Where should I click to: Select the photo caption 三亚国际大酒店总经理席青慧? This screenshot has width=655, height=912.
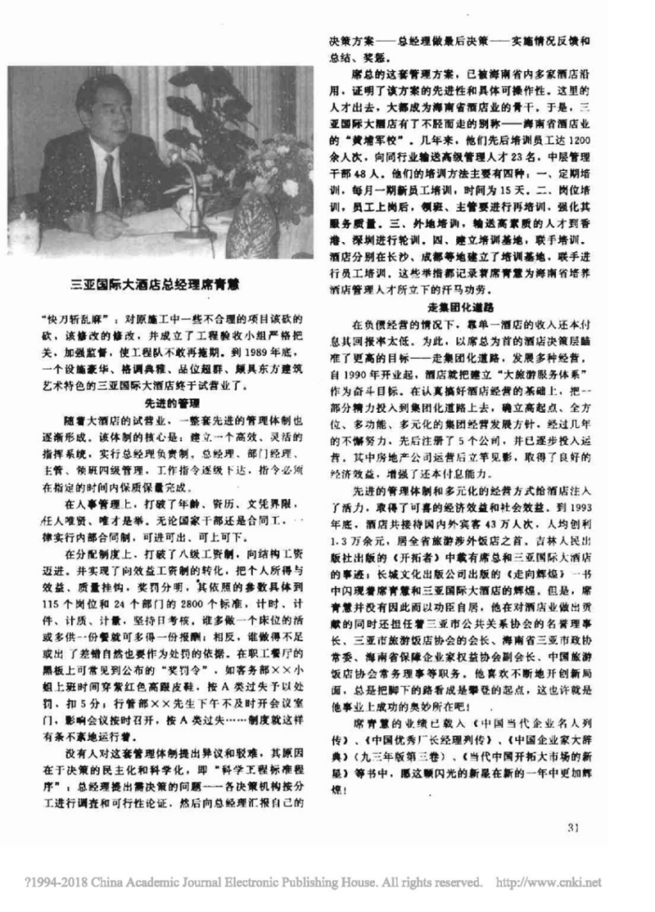159,287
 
